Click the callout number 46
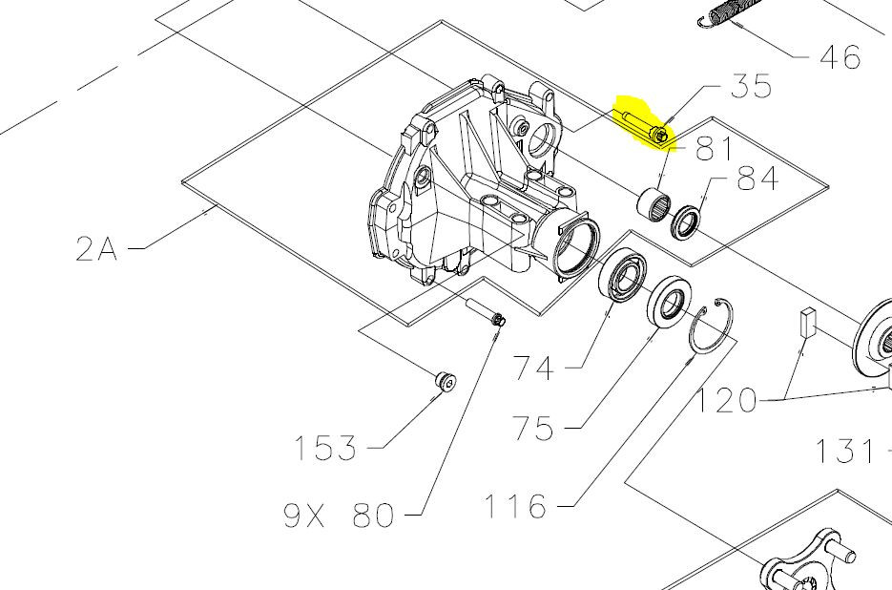click(840, 57)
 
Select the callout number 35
click(752, 86)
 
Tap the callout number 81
click(714, 149)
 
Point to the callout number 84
click(757, 179)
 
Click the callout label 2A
click(96, 249)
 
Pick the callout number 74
click(533, 368)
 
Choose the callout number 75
click(532, 429)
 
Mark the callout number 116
click(515, 506)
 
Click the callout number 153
click(325, 448)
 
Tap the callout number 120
click(727, 400)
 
